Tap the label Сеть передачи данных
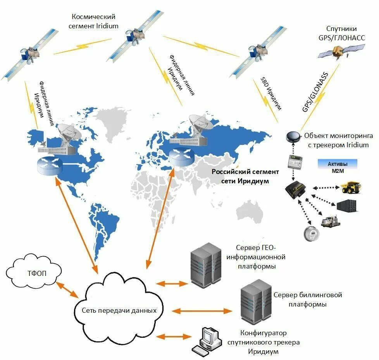(119, 310)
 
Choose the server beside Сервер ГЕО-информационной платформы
(206, 264)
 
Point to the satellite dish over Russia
(200, 125)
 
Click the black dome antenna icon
(291, 136)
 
